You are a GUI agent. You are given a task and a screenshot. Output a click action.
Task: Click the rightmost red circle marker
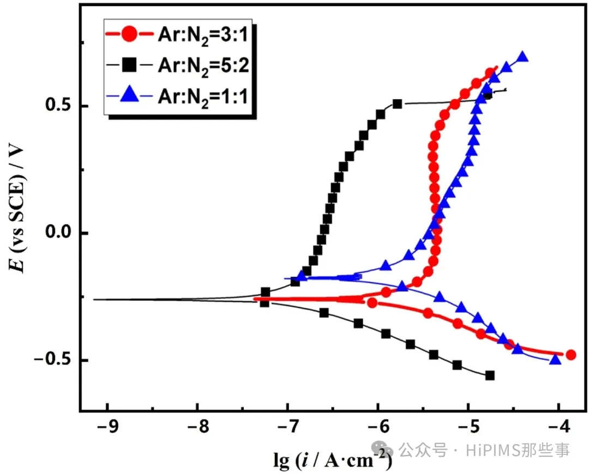pos(571,355)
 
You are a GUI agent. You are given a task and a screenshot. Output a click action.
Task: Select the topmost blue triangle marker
pos(522,57)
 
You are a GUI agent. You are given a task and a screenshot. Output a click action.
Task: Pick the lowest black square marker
pos(490,375)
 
